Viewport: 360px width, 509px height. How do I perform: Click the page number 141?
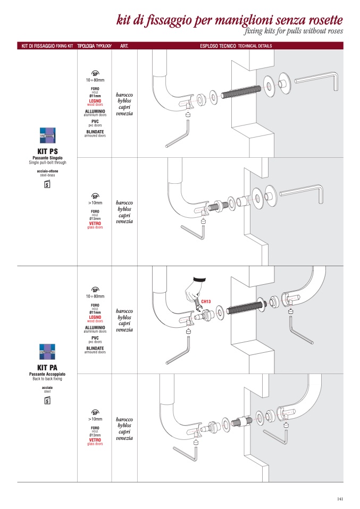(x=339, y=498)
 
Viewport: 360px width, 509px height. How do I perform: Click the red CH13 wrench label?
(x=206, y=302)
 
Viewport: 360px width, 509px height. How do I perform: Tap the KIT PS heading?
(x=47, y=151)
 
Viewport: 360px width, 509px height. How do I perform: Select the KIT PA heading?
(x=47, y=368)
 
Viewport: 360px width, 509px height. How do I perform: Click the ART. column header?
(x=125, y=46)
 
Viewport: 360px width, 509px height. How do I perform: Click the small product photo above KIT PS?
(x=47, y=136)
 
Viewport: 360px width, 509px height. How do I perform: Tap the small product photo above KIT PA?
(x=47, y=352)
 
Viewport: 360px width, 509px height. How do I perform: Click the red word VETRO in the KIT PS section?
(x=95, y=224)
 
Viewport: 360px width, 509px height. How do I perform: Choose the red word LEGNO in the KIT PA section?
(x=95, y=317)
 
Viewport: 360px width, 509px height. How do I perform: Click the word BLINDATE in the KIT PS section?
(x=95, y=132)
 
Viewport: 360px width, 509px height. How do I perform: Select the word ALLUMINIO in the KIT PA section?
(x=95, y=327)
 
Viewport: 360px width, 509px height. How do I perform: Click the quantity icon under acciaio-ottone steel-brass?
(x=47, y=184)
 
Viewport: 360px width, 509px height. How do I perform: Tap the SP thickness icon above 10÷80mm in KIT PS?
(x=96, y=73)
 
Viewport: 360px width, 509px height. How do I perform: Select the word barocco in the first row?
(x=124, y=94)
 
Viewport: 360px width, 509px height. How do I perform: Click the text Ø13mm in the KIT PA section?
(x=95, y=435)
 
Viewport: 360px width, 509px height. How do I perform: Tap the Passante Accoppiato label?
(x=47, y=375)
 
